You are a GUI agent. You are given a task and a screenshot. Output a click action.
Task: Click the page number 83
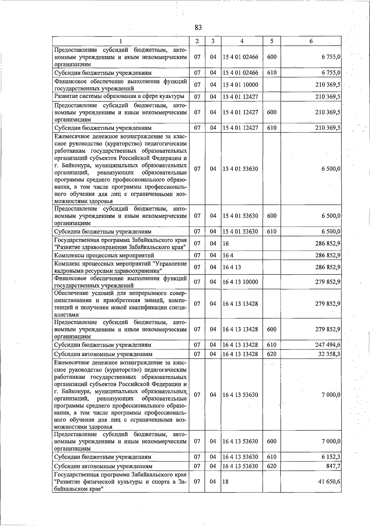click(198, 28)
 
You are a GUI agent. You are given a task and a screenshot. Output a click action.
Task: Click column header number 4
click(242, 41)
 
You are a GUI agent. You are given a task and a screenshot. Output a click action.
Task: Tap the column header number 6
click(311, 41)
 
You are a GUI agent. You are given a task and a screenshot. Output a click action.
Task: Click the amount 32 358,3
click(329, 354)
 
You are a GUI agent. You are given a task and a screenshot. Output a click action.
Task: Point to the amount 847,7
click(333, 466)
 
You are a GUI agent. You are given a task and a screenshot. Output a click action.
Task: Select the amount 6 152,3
click(331, 457)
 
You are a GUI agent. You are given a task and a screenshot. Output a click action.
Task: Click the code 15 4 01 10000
click(240, 85)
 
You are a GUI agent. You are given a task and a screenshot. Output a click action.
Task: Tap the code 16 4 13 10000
click(240, 282)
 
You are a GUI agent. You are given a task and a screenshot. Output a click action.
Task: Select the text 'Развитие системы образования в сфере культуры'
click(119, 96)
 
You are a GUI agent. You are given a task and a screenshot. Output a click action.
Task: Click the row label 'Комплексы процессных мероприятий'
click(104, 255)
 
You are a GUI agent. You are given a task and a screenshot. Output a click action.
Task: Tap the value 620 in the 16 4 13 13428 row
click(271, 354)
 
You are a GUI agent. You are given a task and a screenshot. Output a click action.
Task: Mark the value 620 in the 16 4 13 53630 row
click(271, 466)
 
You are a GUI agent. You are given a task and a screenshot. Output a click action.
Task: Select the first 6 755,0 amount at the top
click(331, 57)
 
